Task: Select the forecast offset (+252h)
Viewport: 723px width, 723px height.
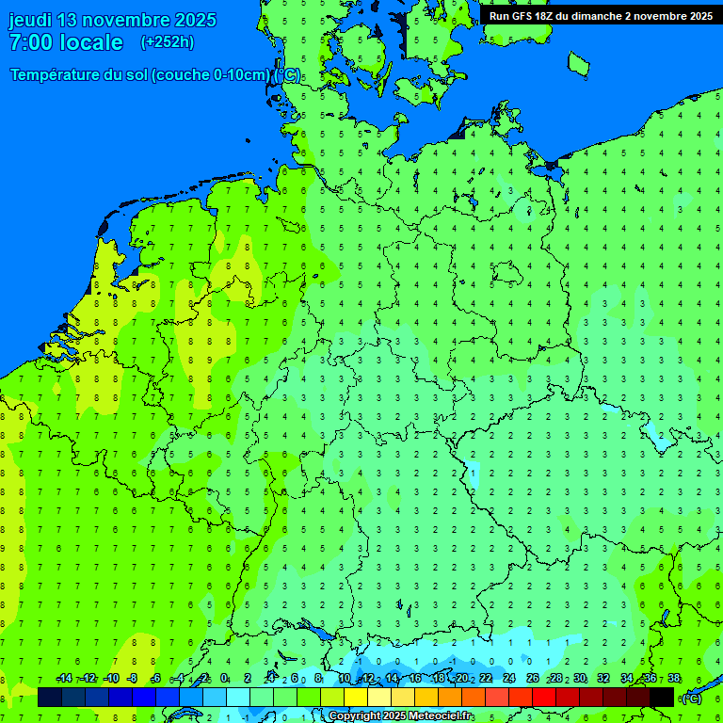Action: click(167, 42)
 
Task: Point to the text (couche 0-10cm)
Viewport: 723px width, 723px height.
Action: click(212, 75)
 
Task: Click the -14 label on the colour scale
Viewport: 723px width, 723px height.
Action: click(64, 678)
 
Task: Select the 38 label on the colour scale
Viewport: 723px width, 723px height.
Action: click(674, 678)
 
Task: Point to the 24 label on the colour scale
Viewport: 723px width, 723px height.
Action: click(509, 678)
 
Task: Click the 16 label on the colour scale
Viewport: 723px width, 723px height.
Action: click(415, 678)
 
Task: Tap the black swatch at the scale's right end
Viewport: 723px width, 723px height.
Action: click(662, 697)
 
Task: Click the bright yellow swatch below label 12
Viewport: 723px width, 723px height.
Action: click(356, 697)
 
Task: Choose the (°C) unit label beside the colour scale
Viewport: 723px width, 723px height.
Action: click(692, 698)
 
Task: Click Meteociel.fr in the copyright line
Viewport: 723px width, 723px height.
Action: click(442, 716)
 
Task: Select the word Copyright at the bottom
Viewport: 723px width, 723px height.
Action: click(355, 716)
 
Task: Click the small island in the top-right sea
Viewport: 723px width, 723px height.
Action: click(578, 63)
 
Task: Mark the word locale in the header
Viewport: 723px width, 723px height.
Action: click(90, 42)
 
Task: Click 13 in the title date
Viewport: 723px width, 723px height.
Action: click(69, 20)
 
